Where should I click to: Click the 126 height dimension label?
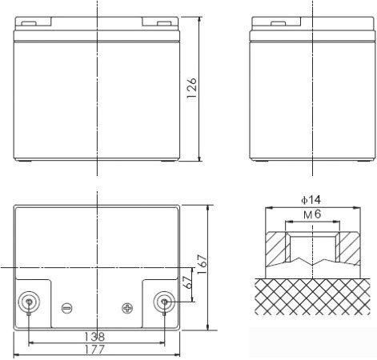coord(192,88)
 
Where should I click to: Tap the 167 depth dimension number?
coord(203,264)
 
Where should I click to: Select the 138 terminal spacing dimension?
coord(94,337)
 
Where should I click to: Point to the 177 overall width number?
coord(94,350)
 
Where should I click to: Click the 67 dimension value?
coord(189,282)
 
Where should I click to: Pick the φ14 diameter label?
coord(311,200)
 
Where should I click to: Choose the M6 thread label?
coord(312,214)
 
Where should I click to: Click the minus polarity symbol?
coord(66,308)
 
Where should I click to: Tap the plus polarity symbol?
coord(127,308)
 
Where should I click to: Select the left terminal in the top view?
coord(29,302)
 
